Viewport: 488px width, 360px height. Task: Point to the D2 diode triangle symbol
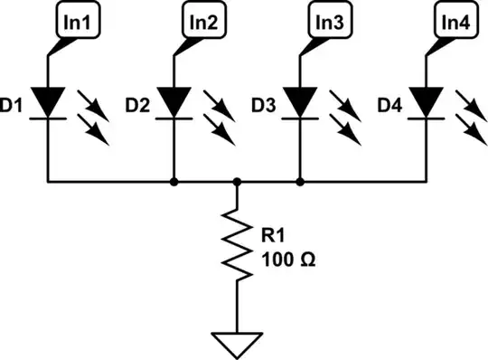[173, 100]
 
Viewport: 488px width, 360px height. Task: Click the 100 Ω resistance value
[287, 261]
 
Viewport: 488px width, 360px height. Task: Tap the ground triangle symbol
[236, 343]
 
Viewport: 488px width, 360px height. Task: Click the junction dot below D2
[173, 182]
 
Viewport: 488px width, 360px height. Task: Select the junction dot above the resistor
[236, 182]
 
